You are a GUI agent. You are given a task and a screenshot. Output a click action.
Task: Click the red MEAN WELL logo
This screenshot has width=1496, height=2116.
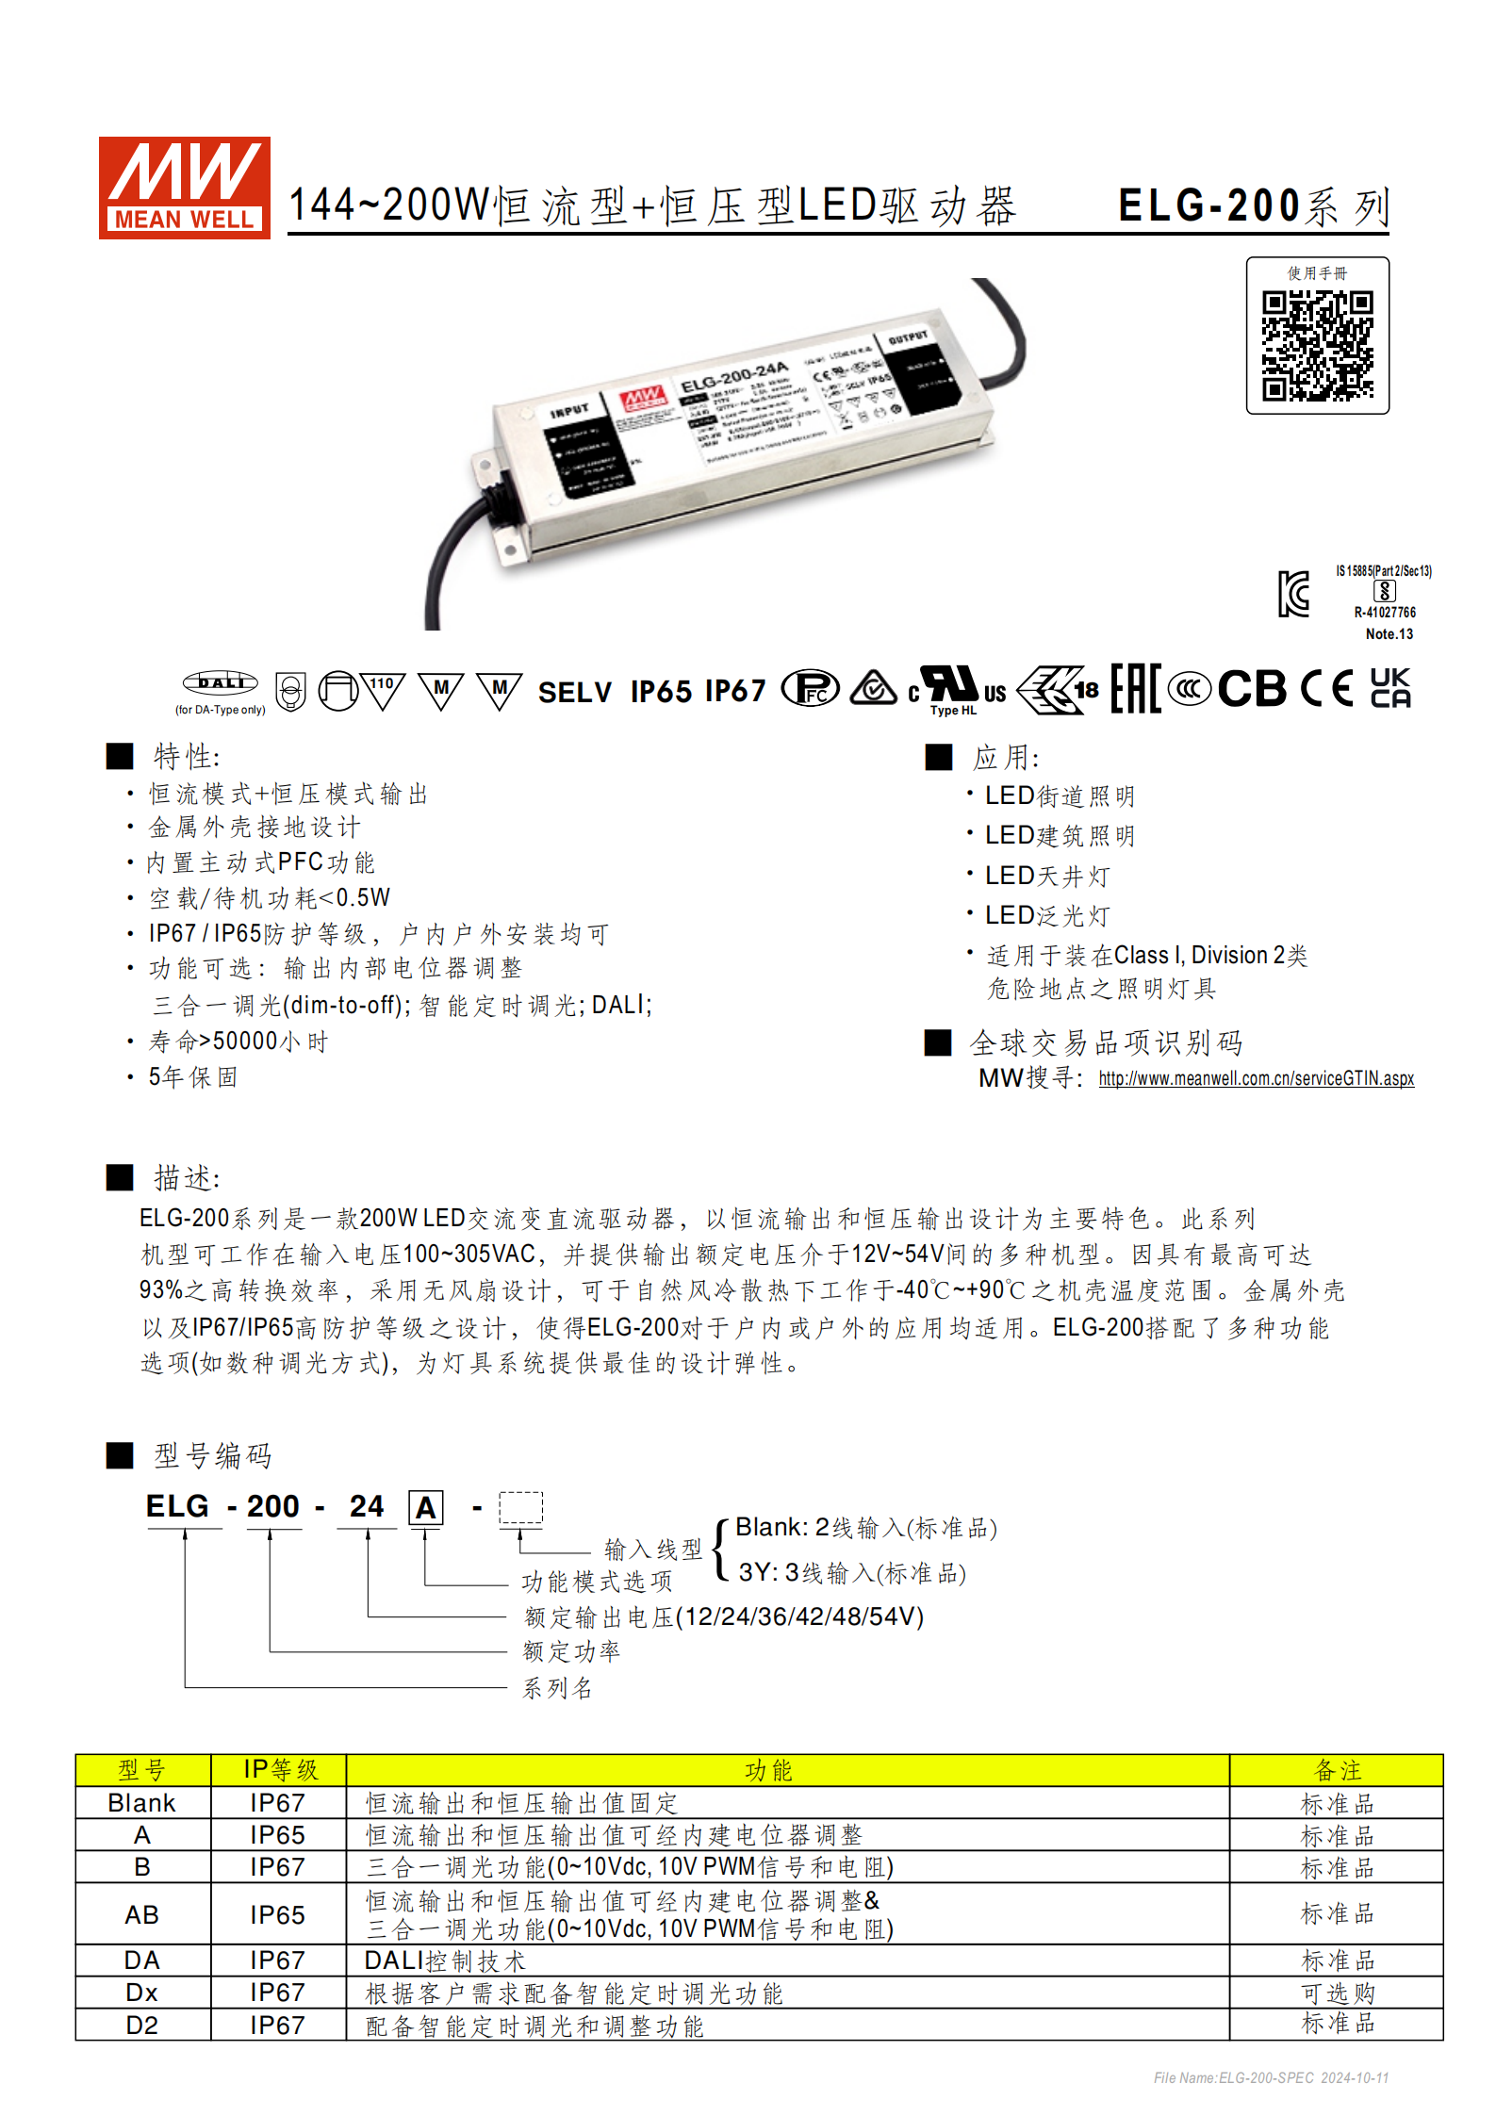pyautogui.click(x=184, y=188)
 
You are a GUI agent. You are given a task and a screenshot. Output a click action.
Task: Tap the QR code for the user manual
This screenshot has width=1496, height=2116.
pyautogui.click(x=1317, y=345)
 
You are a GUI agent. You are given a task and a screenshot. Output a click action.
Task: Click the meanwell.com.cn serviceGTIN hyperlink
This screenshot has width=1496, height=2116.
pyautogui.click(x=1256, y=1078)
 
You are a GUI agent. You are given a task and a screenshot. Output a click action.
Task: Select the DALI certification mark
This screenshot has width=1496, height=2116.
pyautogui.click(x=220, y=682)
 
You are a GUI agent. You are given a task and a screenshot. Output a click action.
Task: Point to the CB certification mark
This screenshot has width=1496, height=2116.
pyautogui.click(x=1252, y=689)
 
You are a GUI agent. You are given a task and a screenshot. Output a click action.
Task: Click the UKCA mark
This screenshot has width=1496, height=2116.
pyautogui.click(x=1389, y=688)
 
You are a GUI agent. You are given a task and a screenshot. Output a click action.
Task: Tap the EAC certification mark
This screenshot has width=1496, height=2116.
pyautogui.click(x=1135, y=689)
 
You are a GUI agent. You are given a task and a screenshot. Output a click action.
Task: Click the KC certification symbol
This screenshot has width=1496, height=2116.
pyautogui.click(x=1293, y=594)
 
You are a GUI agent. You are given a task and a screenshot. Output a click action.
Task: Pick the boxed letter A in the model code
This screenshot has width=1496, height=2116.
pyautogui.click(x=425, y=1508)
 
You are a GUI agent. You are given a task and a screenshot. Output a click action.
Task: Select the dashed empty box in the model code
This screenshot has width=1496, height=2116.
pyautogui.click(x=520, y=1507)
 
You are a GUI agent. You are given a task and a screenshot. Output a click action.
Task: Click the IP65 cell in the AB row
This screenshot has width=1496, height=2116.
pyautogui.click(x=277, y=1914)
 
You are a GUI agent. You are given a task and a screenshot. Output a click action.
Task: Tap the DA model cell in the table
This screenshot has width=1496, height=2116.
pyautogui.click(x=142, y=1960)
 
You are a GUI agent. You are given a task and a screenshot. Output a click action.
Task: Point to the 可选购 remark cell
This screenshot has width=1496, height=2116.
pyautogui.click(x=1337, y=1993)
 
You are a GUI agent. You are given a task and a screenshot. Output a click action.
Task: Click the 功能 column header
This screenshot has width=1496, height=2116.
pyautogui.click(x=768, y=1770)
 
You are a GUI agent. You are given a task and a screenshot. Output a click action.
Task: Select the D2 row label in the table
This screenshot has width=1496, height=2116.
pyautogui.click(x=142, y=2025)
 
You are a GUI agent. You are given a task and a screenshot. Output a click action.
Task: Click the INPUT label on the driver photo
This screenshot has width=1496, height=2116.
pyautogui.click(x=569, y=411)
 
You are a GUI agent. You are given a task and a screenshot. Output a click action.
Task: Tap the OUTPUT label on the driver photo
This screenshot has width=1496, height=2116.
pyautogui.click(x=908, y=337)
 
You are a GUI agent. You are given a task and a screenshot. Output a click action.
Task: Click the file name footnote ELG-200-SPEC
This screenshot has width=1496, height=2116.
pyautogui.click(x=1270, y=2077)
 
